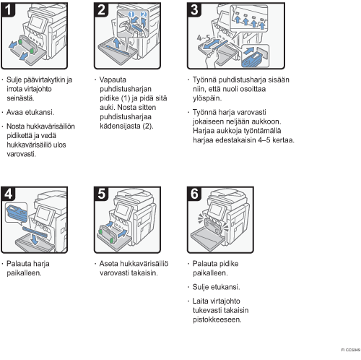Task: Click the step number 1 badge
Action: point(9,9)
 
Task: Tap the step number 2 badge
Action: point(101,9)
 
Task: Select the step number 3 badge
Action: point(194,9)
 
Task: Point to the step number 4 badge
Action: point(9,194)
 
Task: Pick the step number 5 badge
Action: point(101,194)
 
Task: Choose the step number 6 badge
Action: point(194,194)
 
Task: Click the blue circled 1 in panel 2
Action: point(131,14)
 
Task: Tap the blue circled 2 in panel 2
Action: point(144,14)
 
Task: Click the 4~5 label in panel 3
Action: point(204,38)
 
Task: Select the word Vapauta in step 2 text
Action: point(113,80)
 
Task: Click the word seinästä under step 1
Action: point(21,98)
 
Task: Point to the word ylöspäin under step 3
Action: point(207,98)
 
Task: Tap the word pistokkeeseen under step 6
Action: point(217,320)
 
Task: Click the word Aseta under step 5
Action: point(109,263)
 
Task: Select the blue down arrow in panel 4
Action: point(35,239)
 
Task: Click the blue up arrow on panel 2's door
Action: point(117,43)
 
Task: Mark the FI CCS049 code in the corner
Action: point(351,350)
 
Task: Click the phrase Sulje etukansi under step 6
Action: point(216,287)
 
